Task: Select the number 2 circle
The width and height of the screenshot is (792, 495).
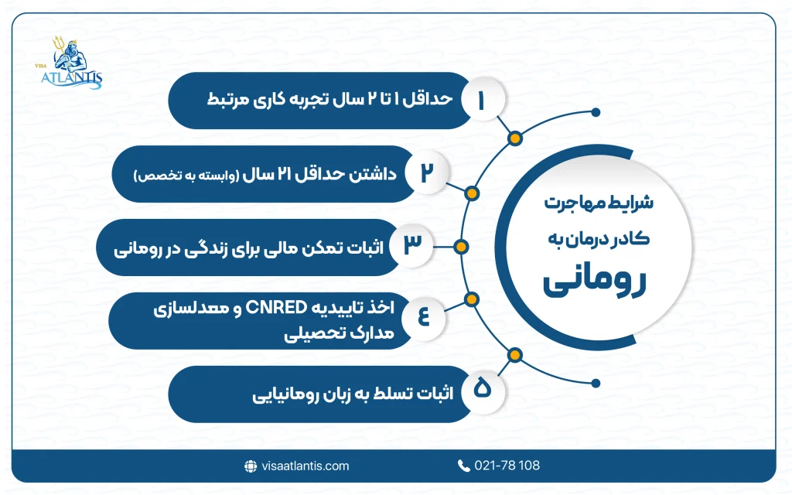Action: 426,173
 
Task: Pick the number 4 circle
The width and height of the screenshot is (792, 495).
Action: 423,318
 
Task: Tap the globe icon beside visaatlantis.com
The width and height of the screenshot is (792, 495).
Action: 250,466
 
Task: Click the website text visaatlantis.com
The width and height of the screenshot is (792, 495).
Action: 306,466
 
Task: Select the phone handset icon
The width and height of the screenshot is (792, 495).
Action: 463,466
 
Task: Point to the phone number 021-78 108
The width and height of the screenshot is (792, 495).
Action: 508,466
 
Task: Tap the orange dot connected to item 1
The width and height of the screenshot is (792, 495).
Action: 514,139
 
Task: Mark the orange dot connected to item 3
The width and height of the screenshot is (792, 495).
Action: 461,247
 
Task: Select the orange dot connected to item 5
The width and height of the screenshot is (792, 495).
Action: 514,355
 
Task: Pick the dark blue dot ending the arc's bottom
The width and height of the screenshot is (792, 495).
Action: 596,382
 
